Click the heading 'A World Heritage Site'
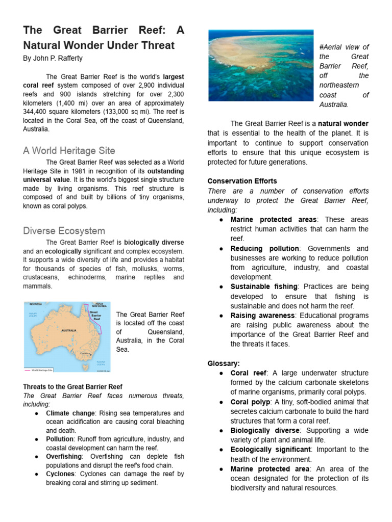click(69, 151)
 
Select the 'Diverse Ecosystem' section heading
click(64, 231)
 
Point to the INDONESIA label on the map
click(36, 304)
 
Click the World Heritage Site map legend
click(43, 370)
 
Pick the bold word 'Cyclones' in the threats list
click(60, 474)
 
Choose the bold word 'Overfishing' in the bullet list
click(64, 456)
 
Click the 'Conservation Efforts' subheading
click(242, 181)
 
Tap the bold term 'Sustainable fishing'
click(264, 287)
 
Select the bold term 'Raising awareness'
click(262, 316)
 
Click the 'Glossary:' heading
click(224, 363)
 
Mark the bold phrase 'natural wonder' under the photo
click(343, 123)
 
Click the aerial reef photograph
click(261, 65)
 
